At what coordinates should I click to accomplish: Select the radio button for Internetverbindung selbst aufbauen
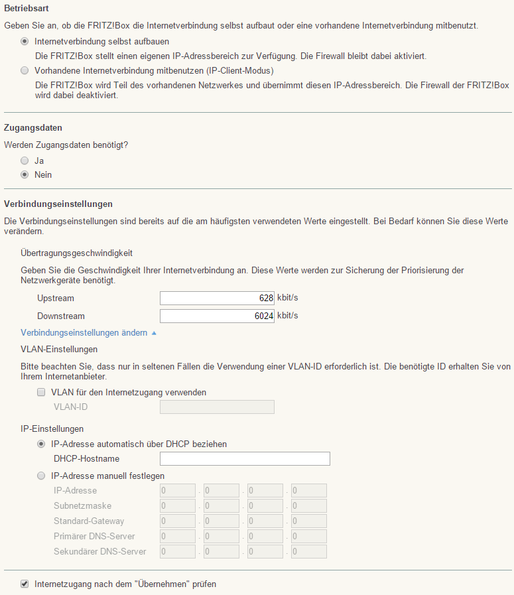click(25, 41)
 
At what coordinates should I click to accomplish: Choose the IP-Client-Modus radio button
click(25, 70)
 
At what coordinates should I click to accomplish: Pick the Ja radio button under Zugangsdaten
click(25, 161)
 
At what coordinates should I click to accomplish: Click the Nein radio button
click(25, 175)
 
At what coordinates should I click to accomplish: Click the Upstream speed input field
click(217, 298)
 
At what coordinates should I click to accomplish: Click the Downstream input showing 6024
click(217, 316)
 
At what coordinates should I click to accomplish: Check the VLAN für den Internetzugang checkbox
click(42, 392)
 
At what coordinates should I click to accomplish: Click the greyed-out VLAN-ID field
click(217, 407)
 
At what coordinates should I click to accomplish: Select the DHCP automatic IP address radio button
click(42, 444)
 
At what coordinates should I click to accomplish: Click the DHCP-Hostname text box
click(245, 459)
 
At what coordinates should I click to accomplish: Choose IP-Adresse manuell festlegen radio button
click(42, 476)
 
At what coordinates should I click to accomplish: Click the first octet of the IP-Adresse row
click(178, 491)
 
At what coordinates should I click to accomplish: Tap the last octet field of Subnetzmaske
click(308, 506)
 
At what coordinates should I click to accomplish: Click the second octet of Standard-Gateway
click(222, 521)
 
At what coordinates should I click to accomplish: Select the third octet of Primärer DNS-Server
click(265, 537)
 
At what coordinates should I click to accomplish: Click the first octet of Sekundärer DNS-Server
click(178, 552)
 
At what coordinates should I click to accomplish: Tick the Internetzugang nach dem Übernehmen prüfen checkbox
click(25, 584)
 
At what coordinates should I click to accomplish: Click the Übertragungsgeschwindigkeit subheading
click(77, 253)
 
